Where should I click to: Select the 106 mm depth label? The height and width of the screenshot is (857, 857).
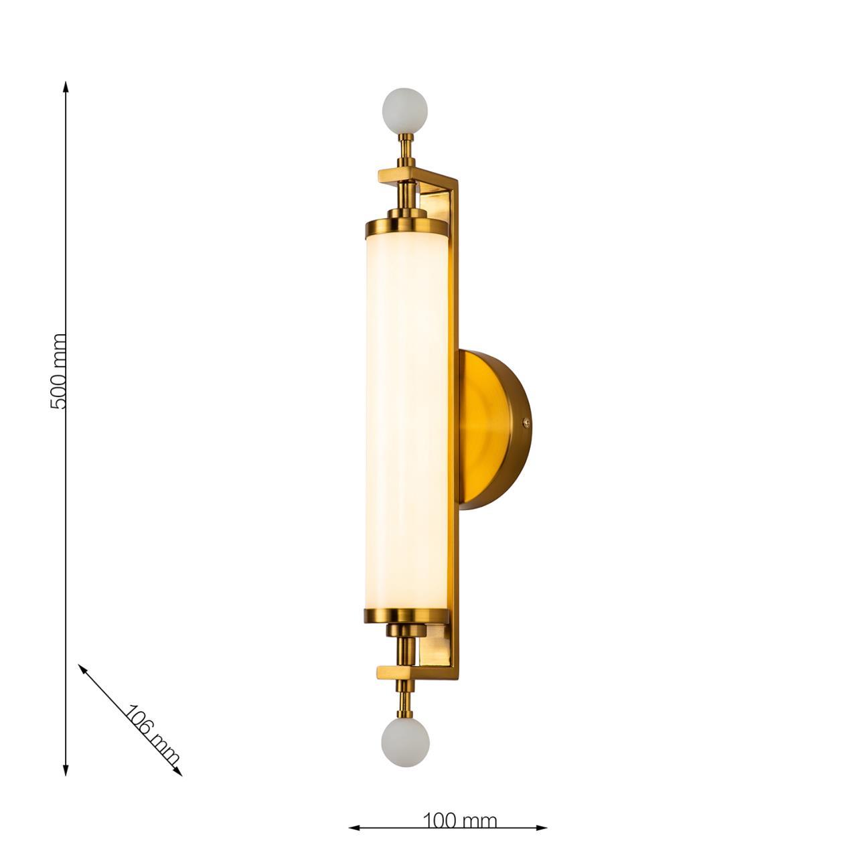coord(153,735)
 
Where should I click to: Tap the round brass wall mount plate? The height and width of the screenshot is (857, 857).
coord(495,428)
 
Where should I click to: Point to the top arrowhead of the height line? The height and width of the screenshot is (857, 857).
coord(66,86)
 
